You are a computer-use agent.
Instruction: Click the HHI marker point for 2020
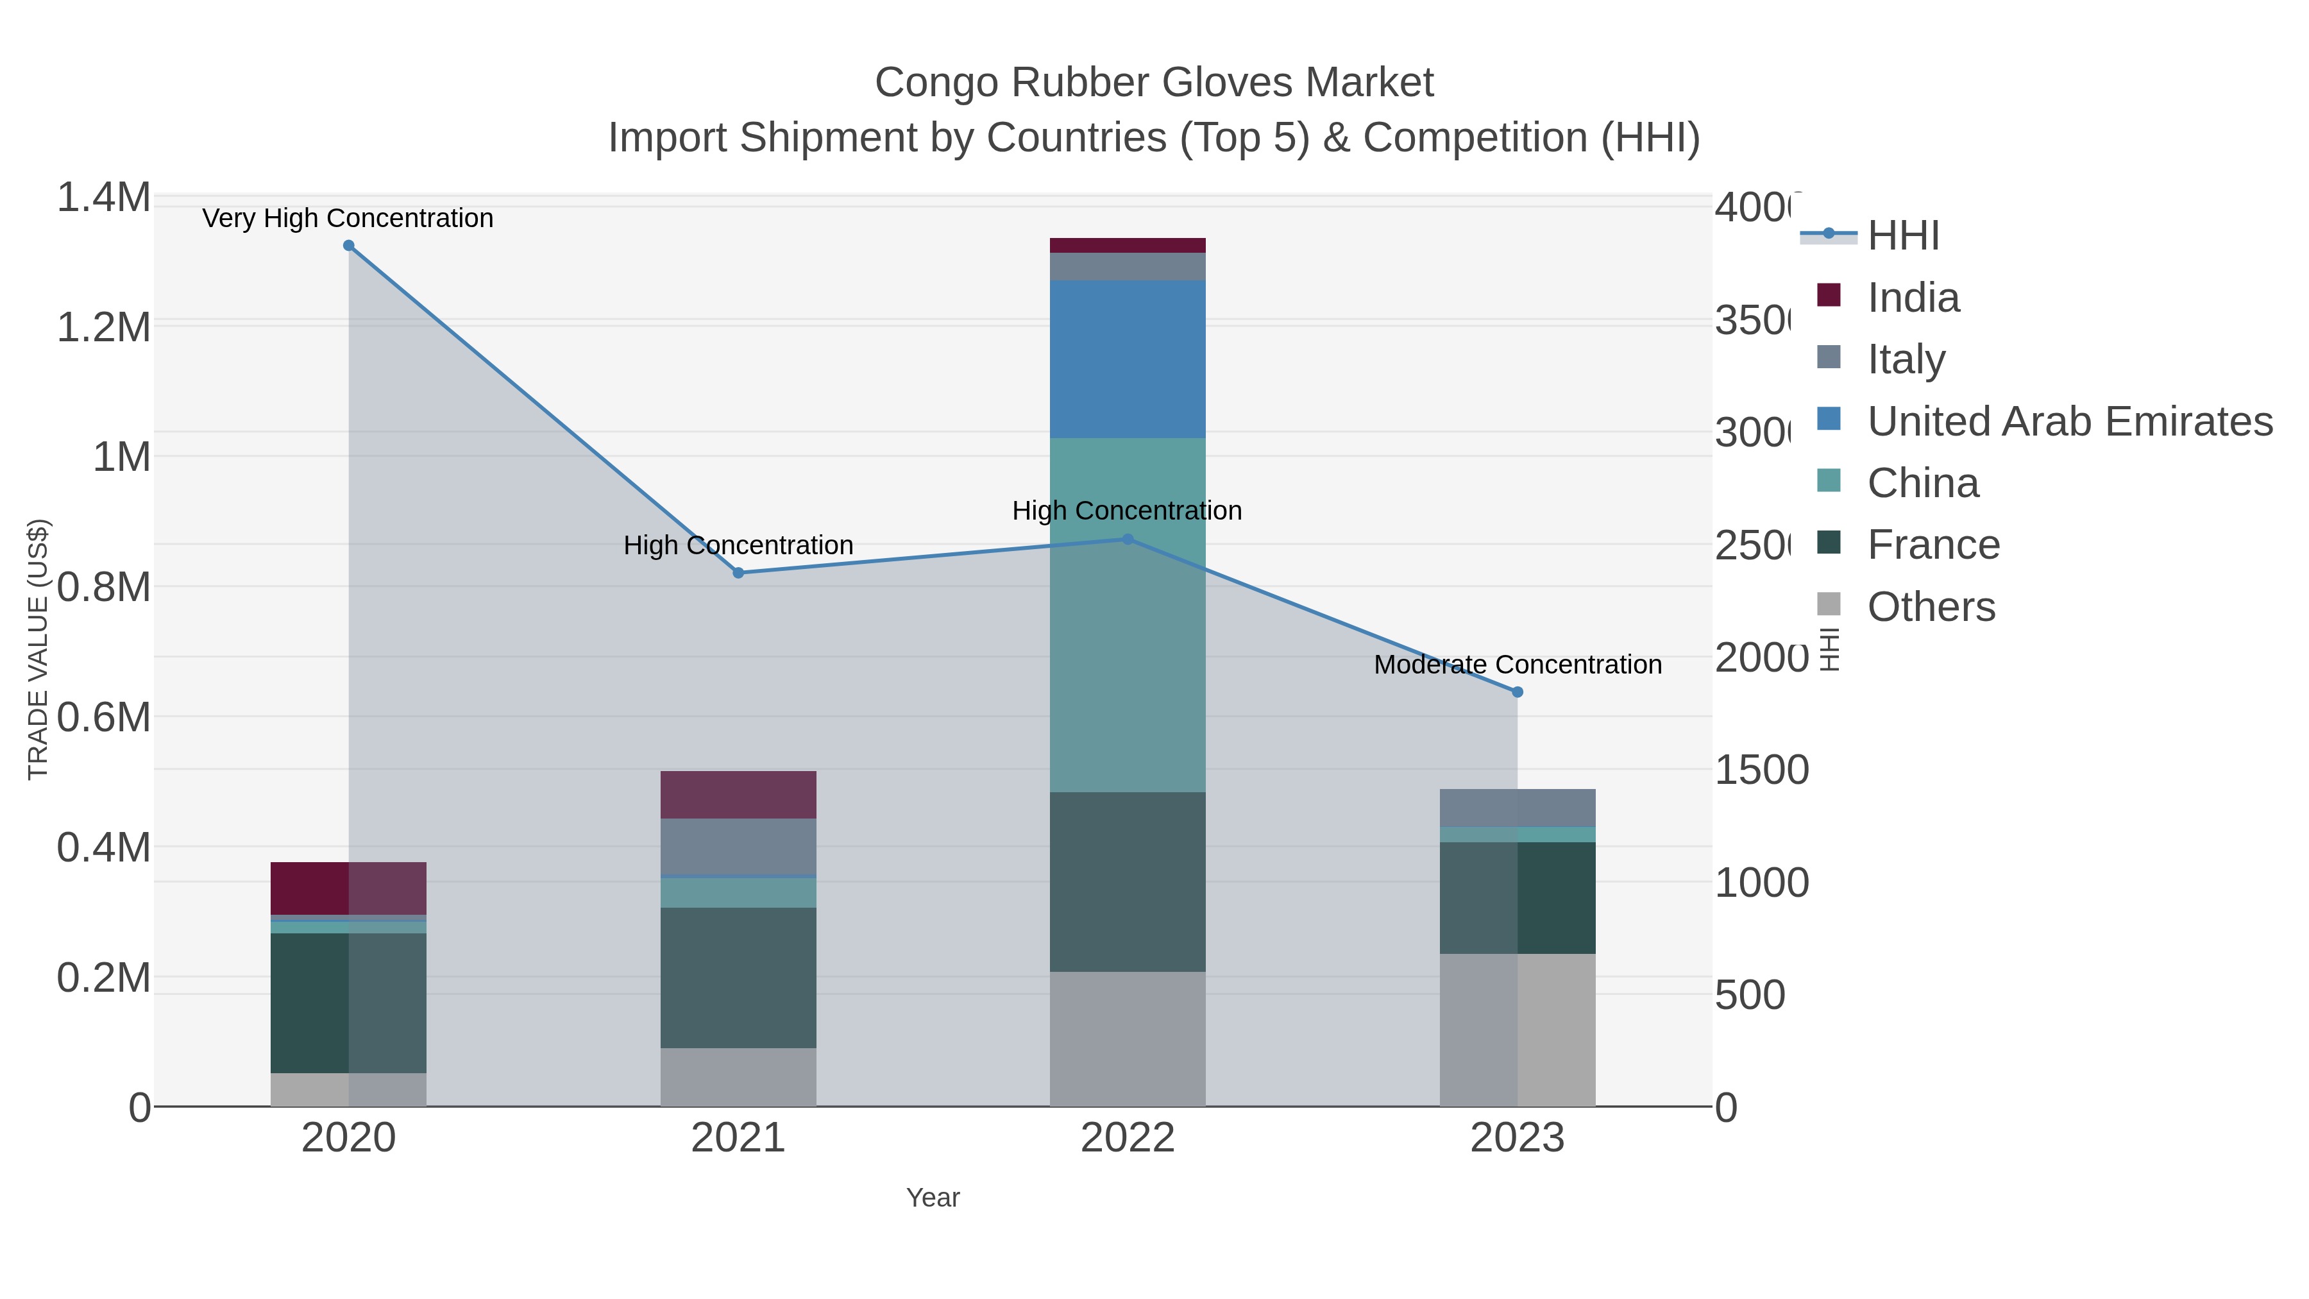349,246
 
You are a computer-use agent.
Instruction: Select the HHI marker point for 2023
1518,692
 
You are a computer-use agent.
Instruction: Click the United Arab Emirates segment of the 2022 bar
1128,359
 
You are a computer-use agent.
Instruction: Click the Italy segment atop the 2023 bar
1518,808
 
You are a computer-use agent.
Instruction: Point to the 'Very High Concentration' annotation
348,218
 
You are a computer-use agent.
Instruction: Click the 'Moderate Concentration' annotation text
1518,665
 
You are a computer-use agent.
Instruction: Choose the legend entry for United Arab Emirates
2068,421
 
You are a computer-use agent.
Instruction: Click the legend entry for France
1933,545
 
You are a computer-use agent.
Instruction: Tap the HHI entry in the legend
1903,236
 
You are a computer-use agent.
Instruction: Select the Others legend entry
1931,607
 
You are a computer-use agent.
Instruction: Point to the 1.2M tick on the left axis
103,327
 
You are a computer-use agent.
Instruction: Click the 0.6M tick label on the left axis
103,717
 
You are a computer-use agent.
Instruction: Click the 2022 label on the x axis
1128,1137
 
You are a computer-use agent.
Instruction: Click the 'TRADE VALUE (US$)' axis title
38,649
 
